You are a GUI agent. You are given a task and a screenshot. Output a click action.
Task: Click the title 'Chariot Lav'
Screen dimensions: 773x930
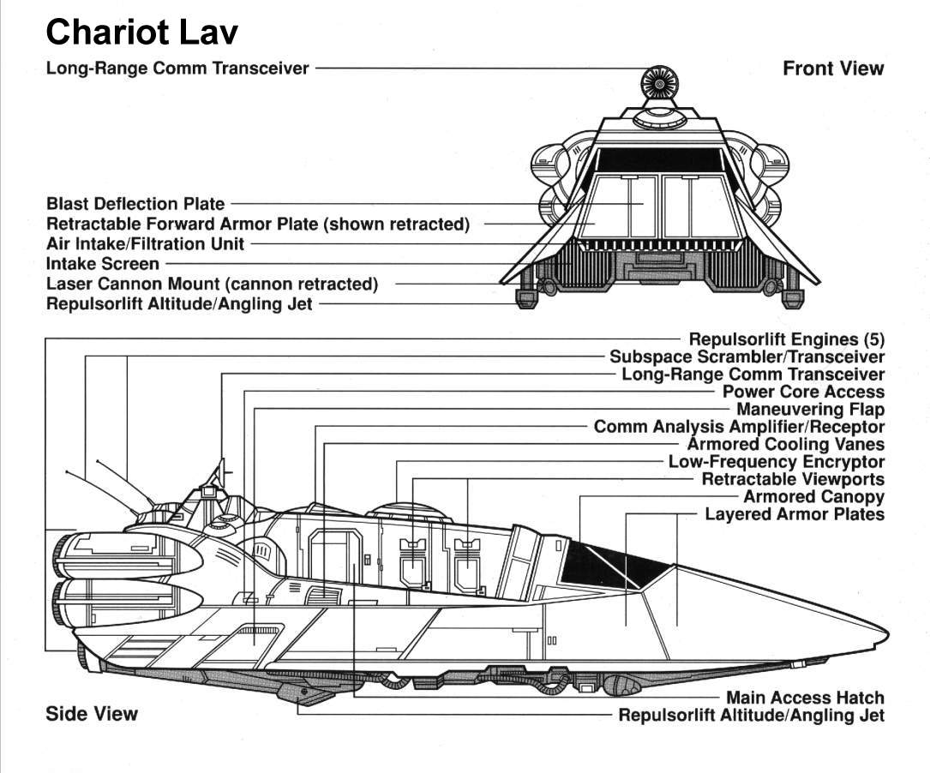coord(141,33)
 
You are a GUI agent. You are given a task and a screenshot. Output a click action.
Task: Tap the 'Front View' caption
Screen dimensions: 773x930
coord(832,69)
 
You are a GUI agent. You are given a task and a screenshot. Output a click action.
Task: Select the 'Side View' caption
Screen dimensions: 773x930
coord(92,713)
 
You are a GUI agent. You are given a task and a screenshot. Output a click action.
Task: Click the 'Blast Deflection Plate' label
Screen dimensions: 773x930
coord(135,204)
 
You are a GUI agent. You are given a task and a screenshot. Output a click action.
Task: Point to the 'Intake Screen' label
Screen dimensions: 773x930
coord(102,264)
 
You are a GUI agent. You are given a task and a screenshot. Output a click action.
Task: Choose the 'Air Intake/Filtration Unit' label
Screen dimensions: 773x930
coord(145,244)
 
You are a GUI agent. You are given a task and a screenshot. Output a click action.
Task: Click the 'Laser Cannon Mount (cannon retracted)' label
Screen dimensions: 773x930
coord(212,284)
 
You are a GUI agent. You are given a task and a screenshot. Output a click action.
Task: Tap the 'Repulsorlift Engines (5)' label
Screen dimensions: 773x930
coord(786,339)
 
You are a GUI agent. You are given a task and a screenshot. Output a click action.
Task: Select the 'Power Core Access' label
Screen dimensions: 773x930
coord(803,392)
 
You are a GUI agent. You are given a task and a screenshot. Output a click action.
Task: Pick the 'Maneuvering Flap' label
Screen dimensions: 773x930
coord(810,410)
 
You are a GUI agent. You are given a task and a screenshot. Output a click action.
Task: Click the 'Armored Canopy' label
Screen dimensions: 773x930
coord(813,496)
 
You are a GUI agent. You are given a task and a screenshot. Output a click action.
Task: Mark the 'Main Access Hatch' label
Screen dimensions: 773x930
coord(805,698)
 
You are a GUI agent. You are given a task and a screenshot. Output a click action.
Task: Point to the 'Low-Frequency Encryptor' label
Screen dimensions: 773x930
coord(776,462)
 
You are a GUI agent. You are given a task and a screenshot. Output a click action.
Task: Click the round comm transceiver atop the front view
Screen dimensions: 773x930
coord(658,85)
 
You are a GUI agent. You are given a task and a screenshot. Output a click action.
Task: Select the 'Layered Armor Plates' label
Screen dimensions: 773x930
coord(794,514)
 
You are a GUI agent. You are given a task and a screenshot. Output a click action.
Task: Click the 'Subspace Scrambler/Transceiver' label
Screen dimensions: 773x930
coord(747,357)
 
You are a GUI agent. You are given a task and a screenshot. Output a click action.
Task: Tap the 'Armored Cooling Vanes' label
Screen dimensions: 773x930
coord(785,444)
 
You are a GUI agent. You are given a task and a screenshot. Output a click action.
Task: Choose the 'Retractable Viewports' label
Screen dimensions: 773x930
coord(793,479)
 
